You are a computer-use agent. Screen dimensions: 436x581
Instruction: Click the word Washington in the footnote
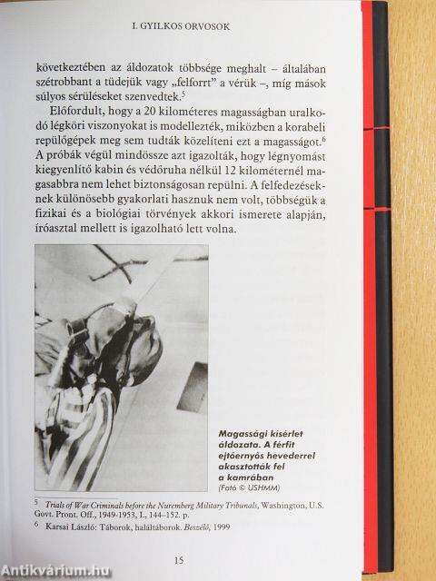coord(301,506)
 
